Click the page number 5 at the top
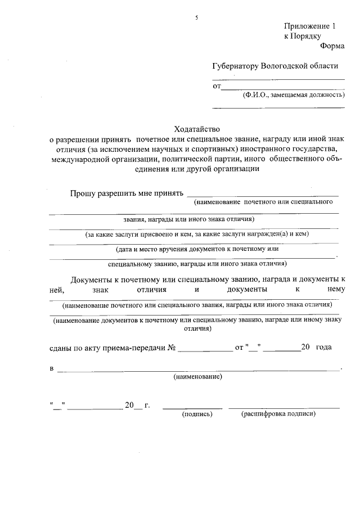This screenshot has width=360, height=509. tap(197, 18)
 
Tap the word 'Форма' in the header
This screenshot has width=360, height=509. tap(332, 47)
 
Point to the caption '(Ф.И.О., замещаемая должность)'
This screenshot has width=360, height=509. tap(294, 95)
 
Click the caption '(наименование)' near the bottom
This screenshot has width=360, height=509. tap(197, 376)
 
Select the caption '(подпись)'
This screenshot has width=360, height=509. tap(197, 414)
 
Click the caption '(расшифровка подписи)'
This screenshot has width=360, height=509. tap(278, 414)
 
